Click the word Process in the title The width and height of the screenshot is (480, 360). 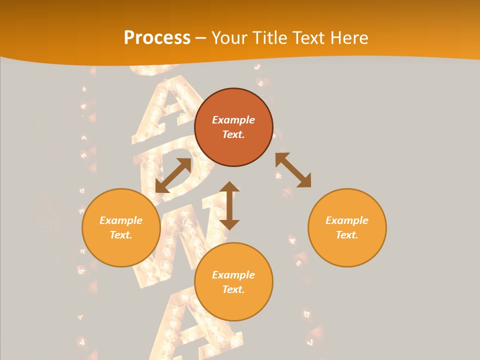point(157,38)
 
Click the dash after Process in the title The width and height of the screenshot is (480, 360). point(201,38)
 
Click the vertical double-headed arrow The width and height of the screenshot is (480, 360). point(229,205)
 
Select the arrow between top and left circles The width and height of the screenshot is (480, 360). point(173,175)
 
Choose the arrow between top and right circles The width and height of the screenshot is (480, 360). point(293,170)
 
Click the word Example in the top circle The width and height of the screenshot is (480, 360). point(233,120)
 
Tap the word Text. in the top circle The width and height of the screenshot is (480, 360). point(233,134)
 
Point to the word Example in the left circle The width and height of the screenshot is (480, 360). point(121,220)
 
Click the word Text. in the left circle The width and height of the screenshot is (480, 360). point(121,235)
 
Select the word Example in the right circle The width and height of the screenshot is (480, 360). point(347,220)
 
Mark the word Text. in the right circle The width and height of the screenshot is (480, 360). point(347,235)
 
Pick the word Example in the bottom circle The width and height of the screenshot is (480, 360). point(233,275)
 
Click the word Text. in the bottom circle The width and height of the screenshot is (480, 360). point(233,289)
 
